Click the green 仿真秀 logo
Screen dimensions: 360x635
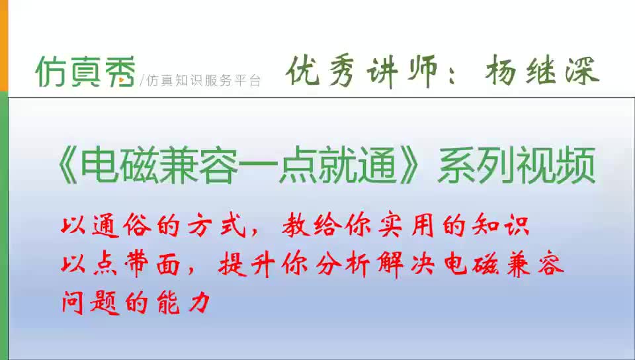pos(86,71)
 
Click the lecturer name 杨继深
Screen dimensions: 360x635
pos(542,71)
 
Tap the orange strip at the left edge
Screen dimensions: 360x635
pos(3,46)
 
